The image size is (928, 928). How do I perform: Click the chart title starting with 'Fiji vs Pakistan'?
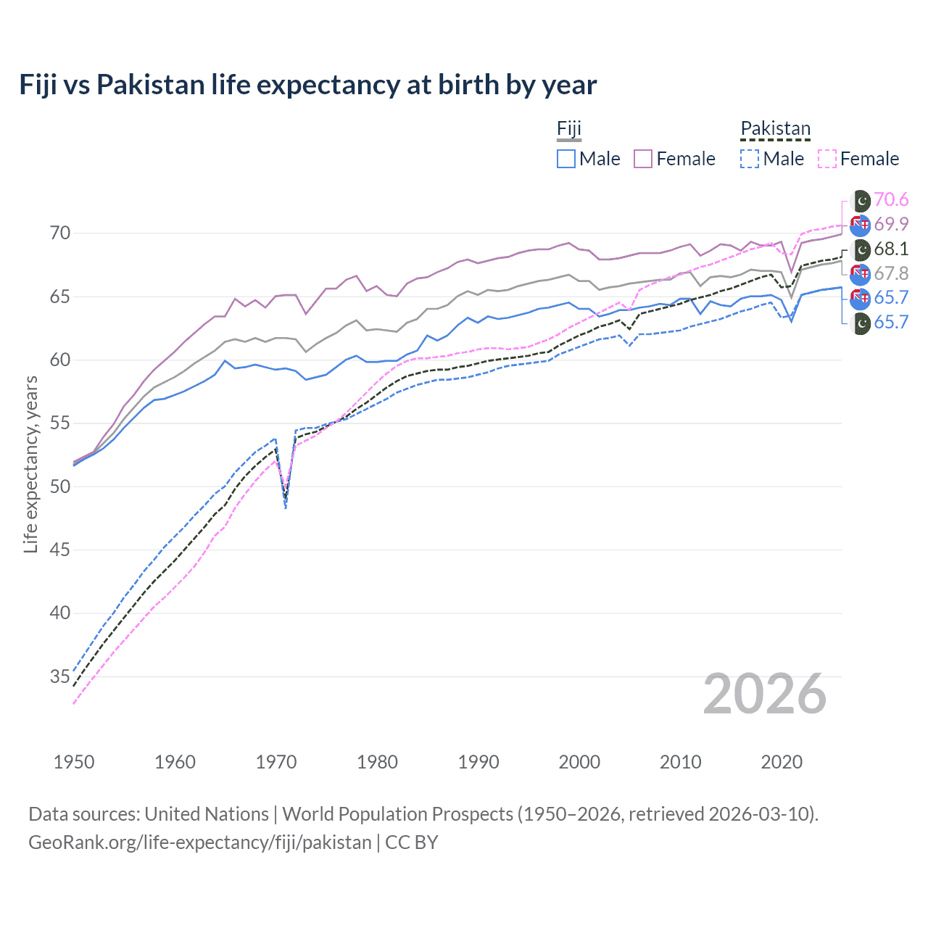pos(308,85)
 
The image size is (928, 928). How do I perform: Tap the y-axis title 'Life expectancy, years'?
pos(30,464)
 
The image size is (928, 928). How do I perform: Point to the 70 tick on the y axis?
pos(60,233)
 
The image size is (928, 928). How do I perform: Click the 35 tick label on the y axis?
pos(60,676)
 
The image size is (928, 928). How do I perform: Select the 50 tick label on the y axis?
pos(60,486)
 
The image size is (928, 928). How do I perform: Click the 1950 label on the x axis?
pos(74,762)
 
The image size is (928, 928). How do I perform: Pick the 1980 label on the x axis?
pos(377,762)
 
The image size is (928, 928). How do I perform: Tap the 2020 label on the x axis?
pos(782,762)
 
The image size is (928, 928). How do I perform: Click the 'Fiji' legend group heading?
pos(569,129)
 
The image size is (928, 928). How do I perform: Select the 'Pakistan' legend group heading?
pos(775,129)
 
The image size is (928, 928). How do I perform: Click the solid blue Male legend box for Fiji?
pos(566,159)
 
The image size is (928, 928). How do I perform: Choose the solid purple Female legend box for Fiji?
pos(643,159)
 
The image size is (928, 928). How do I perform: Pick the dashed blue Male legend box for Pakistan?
pos(750,159)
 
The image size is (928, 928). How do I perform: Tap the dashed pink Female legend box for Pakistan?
pos(827,159)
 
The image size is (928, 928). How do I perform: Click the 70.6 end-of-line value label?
pos(891,200)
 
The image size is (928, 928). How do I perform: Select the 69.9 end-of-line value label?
pos(891,225)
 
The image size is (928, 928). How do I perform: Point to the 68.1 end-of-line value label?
pos(891,249)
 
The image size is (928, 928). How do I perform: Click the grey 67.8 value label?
pos(891,274)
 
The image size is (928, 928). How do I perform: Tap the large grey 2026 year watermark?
pos(765,694)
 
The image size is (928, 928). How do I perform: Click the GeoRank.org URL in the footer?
pos(199,842)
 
